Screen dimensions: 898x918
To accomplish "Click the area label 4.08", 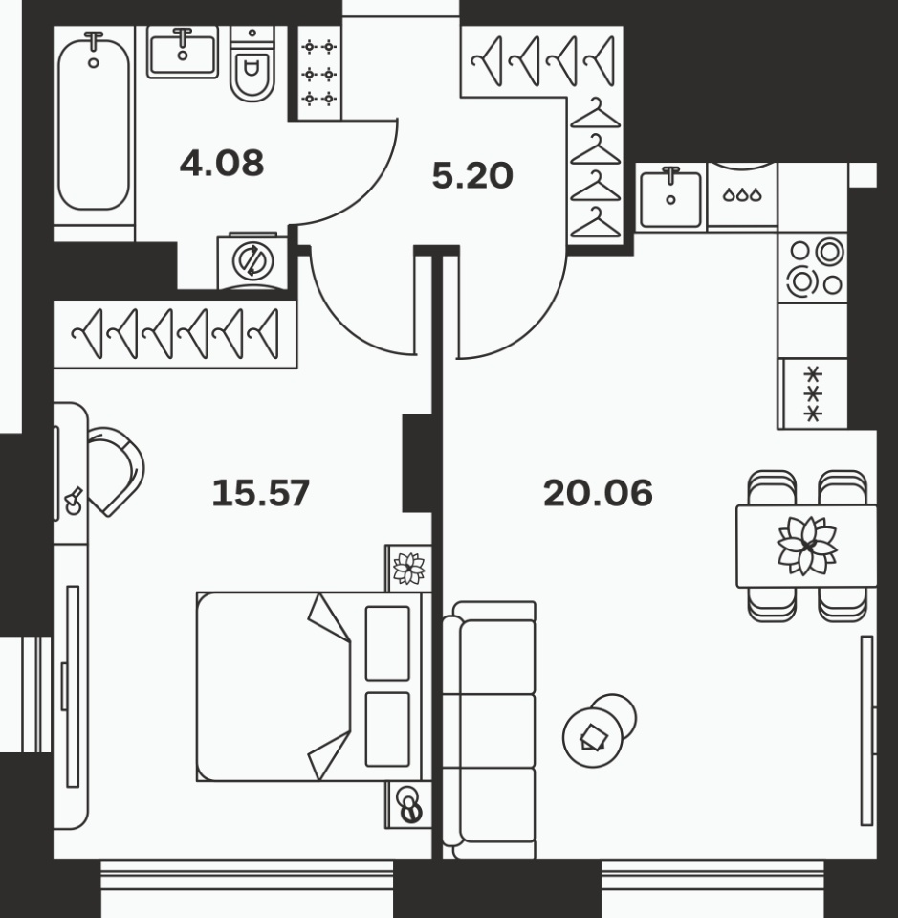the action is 222,164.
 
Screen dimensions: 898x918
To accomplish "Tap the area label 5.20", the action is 472,175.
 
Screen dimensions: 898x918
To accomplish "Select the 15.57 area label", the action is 261,493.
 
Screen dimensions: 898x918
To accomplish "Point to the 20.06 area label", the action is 598,493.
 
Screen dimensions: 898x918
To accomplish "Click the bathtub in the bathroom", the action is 94,121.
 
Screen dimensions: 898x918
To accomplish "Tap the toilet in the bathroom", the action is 252,64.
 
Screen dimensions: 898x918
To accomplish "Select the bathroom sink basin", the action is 183,53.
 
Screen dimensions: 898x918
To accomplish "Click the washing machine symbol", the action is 252,261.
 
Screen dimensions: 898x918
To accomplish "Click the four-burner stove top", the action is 813,268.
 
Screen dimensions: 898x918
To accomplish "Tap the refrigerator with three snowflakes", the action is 813,393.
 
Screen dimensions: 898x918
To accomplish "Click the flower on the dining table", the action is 807,546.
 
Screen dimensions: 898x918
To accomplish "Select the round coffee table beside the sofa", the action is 593,737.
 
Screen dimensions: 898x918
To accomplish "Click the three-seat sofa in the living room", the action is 489,730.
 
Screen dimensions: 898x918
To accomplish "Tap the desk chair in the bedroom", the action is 116,471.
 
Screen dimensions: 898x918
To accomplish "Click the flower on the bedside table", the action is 409,569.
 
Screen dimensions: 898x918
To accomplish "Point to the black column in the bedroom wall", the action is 417,463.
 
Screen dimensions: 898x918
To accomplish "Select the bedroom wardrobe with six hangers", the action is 175,334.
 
